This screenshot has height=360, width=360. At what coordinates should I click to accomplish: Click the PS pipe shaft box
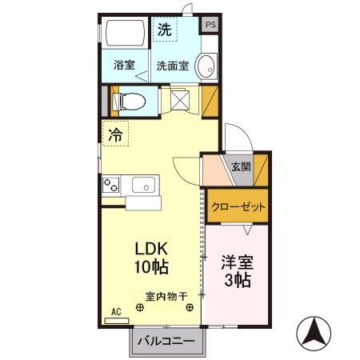[x=210, y=25]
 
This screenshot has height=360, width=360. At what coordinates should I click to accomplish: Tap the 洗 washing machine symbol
[x=164, y=30]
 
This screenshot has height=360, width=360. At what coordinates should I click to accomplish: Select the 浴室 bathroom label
[x=124, y=66]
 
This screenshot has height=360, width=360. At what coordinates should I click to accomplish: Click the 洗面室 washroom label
[x=172, y=66]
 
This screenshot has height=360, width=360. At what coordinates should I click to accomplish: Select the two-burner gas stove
[x=110, y=186]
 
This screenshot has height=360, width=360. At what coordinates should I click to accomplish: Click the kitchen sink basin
[x=144, y=186]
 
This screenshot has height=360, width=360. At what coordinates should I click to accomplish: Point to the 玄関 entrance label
[x=240, y=167]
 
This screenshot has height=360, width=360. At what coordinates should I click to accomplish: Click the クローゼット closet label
[x=238, y=206]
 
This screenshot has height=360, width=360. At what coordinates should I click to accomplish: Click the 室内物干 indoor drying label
[x=166, y=295]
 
